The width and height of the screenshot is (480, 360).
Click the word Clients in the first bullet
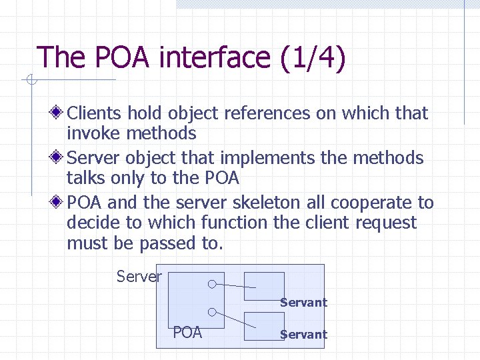click(x=95, y=113)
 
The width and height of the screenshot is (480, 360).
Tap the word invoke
click(x=94, y=133)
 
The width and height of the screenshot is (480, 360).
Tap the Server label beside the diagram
click(x=139, y=276)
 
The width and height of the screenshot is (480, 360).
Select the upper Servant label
click(x=303, y=303)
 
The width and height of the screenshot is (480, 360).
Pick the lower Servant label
click(x=303, y=335)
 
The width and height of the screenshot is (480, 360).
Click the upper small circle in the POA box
click(x=211, y=283)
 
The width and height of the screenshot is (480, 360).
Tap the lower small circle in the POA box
click(x=211, y=311)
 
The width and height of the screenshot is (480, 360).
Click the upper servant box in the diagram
click(x=264, y=285)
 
